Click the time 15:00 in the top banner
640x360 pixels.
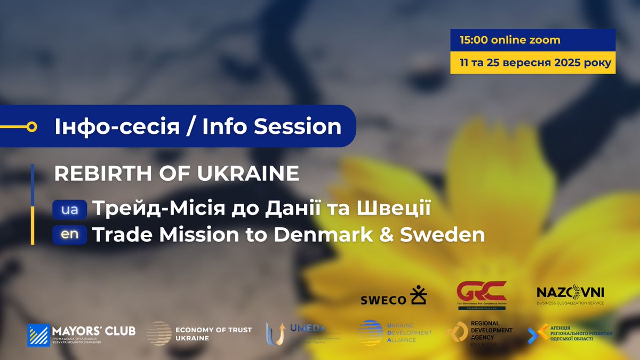(x=474, y=40)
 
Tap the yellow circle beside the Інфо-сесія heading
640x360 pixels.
(x=31, y=126)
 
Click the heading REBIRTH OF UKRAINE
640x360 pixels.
(x=177, y=173)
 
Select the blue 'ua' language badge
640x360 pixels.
(x=69, y=210)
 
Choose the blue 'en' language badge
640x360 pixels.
(x=69, y=235)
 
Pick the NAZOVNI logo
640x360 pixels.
(x=570, y=294)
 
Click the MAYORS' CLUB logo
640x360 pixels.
(x=81, y=334)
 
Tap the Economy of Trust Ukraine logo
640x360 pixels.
(x=199, y=334)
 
